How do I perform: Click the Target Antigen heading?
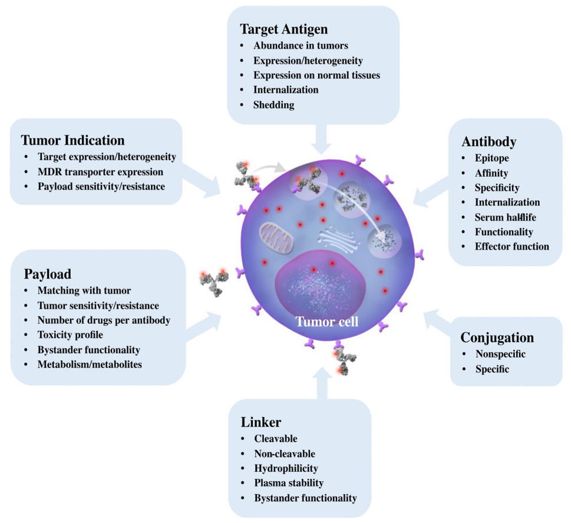pos(283,29)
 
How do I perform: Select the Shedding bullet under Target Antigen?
pos(273,105)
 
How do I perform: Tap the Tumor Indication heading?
pos(72,140)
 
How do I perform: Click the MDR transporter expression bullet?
pos(100,172)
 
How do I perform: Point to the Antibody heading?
pos(489,142)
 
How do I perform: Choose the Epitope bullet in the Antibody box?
pos(492,158)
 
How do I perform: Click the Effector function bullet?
pos(511,246)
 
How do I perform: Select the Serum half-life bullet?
pos(505,217)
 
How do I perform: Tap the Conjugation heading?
pos(498,337)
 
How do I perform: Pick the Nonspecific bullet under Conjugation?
pos(500,354)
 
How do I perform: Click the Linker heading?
pos(261,422)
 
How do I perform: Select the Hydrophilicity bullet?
pos(286,468)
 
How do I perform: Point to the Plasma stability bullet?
pos(289,483)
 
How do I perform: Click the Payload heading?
pos(48,274)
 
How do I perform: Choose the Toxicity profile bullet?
pos(70,335)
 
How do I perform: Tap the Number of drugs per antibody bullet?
pos(104,320)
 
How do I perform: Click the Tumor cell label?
pos(326,322)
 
